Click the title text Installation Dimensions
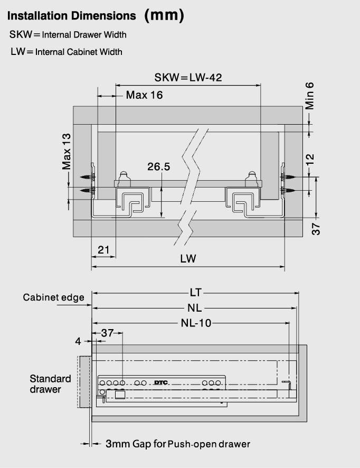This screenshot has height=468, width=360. coord(72,16)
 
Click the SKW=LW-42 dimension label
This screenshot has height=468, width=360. coord(188,78)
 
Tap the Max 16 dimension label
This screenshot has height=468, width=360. coord(144,95)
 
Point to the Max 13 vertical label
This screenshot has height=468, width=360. coord(67,151)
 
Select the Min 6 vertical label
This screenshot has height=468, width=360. coord(309,96)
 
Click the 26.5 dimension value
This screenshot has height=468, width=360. coord(159,166)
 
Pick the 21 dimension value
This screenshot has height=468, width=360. coord(103,249)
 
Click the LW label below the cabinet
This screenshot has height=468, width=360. coord(188,258)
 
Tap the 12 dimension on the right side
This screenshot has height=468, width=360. coord(310,159)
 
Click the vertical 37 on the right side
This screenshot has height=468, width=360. coord(316,229)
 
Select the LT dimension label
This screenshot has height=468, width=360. coord(196,293)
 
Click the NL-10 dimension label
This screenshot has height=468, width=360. coord(196,323)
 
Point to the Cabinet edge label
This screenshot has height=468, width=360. coord(54,297)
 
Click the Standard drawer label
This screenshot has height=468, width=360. coord(50,384)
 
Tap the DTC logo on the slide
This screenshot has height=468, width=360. coord(161,382)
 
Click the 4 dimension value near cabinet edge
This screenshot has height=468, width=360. coord(78,341)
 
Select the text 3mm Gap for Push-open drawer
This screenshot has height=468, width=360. coord(178,444)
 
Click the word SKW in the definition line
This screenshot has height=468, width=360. coord(21,35)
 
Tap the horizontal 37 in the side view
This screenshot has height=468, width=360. coord(107,333)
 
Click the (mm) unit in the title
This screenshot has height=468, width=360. coord(164,15)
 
